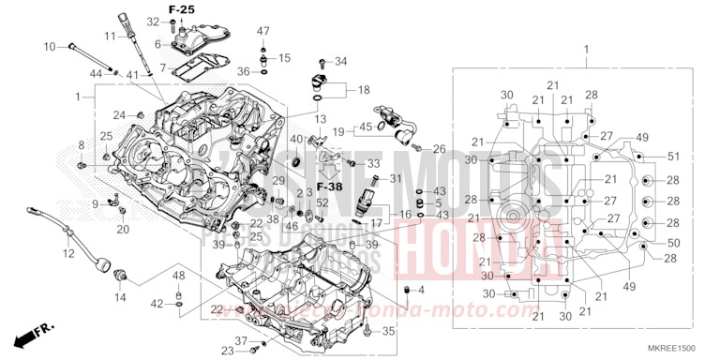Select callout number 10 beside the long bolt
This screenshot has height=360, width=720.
[x=50, y=45]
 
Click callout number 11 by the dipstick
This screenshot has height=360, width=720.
[x=110, y=36]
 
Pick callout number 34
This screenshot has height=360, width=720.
[x=340, y=62]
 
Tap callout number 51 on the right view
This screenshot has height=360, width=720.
[x=672, y=156]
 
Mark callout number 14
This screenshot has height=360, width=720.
[x=119, y=297]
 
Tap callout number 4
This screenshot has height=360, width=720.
[x=421, y=288]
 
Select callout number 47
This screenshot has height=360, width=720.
[x=263, y=31]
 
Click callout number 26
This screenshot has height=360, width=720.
[x=439, y=149]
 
